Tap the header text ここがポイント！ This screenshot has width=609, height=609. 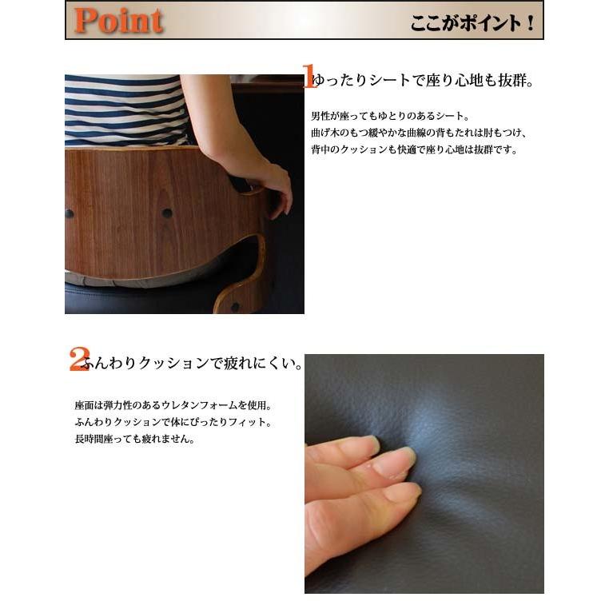tap(472, 22)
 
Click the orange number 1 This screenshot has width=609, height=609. tap(309, 77)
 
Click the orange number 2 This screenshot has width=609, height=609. tap(78, 359)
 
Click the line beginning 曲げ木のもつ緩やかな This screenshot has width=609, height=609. tap(418, 133)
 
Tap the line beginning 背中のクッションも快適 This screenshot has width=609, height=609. tap(414, 149)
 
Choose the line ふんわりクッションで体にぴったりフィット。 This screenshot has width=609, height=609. tap(173, 422)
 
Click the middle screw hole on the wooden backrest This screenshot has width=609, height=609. tap(166, 213)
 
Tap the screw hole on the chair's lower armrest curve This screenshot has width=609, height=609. tap(234, 306)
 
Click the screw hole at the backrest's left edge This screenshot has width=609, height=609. tap(69, 213)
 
